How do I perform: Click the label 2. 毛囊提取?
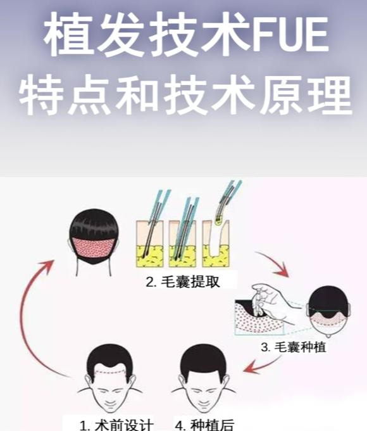(183, 282)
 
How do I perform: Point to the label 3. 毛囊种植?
(293, 347)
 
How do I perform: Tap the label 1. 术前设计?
(116, 425)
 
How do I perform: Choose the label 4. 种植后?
(205, 425)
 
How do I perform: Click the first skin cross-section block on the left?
(150, 243)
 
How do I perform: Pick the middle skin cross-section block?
(182, 243)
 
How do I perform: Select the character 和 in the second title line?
(137, 94)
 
